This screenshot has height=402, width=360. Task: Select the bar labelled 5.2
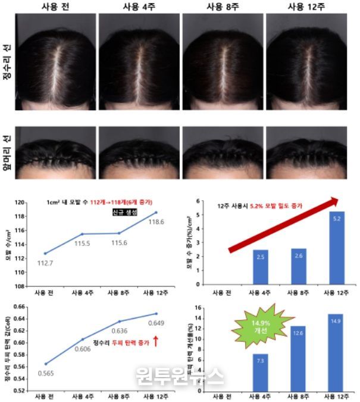click(x=336, y=248)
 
